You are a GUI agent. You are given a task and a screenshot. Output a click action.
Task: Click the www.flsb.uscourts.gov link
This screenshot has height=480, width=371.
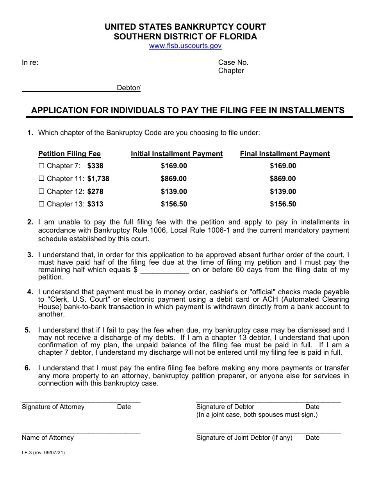[x=185, y=46]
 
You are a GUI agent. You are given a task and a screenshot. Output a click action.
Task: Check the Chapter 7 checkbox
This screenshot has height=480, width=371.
[x=42, y=166]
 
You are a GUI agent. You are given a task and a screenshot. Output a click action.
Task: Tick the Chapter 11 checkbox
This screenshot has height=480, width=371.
[x=42, y=179]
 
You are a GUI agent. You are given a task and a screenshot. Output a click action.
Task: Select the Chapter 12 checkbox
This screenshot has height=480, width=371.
[x=42, y=192]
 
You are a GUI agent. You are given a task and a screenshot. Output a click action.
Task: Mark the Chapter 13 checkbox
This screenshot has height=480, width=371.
[x=42, y=204]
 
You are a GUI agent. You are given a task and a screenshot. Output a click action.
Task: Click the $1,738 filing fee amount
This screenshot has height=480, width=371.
[x=98, y=179]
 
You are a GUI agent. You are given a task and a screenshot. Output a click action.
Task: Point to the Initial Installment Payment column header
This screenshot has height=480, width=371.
[x=177, y=154]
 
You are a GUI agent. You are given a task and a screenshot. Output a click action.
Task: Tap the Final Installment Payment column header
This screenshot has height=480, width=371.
[x=285, y=154]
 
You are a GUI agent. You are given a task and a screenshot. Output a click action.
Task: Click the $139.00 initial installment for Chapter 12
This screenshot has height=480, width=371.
[x=174, y=192]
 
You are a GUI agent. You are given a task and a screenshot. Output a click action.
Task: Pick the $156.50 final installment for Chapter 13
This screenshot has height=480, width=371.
[x=283, y=204]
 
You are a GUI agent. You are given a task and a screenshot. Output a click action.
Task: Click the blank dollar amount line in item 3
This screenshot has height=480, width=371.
[x=164, y=270]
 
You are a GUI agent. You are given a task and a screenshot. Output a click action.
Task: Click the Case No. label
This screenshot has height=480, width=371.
[x=233, y=62]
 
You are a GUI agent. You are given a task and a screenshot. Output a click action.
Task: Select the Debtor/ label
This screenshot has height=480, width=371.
[x=128, y=88]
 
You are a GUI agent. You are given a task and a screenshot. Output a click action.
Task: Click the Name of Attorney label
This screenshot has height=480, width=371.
[x=48, y=438]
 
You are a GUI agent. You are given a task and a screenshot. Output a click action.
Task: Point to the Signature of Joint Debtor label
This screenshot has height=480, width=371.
[x=244, y=438]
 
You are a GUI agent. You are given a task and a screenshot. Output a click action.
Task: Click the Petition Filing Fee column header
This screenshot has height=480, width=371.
[x=69, y=154]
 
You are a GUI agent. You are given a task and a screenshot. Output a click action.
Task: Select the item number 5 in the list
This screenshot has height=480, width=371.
[x=28, y=330]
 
